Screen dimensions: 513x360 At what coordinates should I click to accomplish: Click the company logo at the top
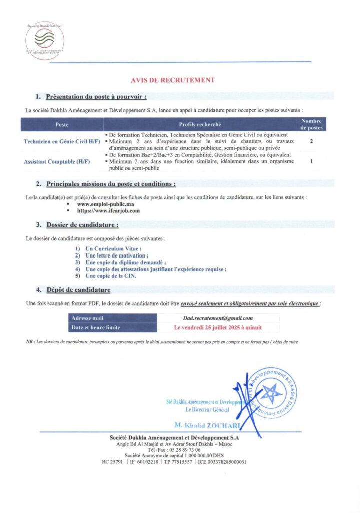coord(45,40)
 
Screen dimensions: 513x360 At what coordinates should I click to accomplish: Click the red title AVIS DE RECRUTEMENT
coord(173,80)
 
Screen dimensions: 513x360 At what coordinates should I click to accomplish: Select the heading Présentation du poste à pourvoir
coord(96,96)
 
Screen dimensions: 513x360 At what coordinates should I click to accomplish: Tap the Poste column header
coord(62,124)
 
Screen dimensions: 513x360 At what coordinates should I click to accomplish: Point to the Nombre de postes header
coord(311,124)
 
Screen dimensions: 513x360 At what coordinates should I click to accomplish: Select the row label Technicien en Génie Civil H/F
coord(62,142)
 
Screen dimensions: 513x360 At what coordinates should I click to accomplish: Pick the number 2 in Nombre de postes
coord(311,142)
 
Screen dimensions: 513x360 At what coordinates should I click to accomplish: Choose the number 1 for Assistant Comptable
coord(311,162)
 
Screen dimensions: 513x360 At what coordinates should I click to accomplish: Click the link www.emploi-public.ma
coord(105,204)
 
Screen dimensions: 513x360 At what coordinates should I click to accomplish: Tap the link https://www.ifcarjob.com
coord(108,211)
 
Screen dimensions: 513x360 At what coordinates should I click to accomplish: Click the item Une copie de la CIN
coord(111,276)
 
